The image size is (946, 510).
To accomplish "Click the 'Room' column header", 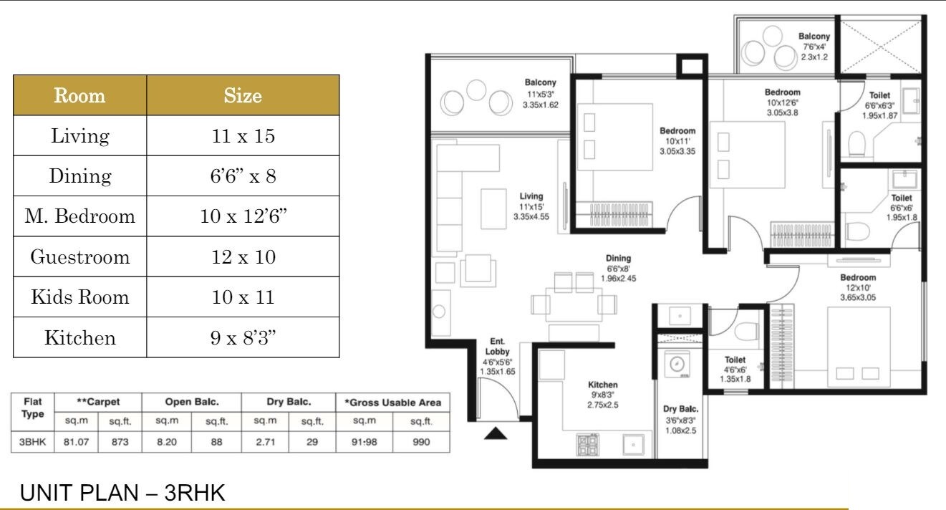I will point(80,95).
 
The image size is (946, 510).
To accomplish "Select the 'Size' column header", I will point(243,95).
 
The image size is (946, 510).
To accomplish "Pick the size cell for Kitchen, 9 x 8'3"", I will point(243,337).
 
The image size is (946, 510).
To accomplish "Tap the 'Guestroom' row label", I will point(80,256).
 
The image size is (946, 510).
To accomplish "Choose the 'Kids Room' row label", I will point(80,297).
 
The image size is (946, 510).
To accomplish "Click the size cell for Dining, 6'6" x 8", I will point(243,176).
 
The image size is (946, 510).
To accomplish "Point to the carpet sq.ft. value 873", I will point(120,442).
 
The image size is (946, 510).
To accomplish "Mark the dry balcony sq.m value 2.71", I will point(266,442).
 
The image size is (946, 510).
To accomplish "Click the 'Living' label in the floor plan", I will point(531,196).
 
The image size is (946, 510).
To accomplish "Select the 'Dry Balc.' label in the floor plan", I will point(680,409).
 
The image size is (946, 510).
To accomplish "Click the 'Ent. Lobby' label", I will point(498,347).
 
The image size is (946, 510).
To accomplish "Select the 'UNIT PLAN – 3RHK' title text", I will point(122,494).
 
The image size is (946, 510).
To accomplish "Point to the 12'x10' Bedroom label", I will point(858,278).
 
